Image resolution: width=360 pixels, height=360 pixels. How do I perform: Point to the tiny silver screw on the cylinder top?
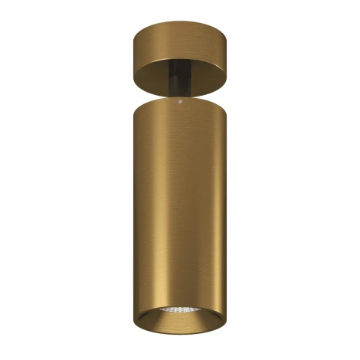(179, 99)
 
